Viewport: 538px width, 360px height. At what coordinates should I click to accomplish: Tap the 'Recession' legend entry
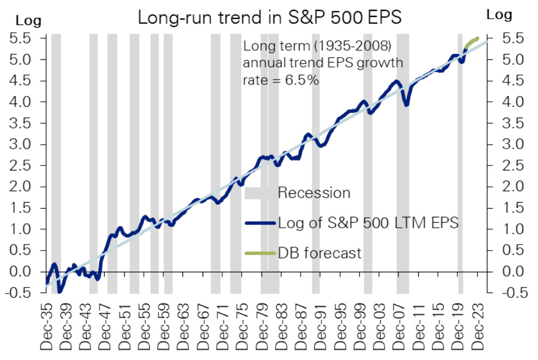[x=314, y=193]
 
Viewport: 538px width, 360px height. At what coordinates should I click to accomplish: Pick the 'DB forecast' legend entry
[x=319, y=253]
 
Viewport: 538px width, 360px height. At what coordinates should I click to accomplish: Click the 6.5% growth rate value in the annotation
[x=305, y=80]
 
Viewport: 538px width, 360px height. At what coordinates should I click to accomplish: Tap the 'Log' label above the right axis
[x=499, y=15]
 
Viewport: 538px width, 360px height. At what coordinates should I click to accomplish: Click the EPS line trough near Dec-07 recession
[x=406, y=105]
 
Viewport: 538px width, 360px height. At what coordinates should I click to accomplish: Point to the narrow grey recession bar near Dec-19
[x=460, y=163]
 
